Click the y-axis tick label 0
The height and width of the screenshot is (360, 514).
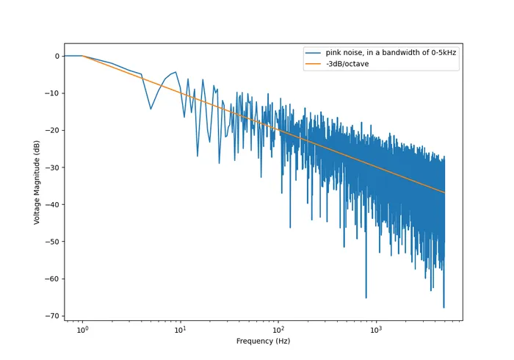tap(56, 56)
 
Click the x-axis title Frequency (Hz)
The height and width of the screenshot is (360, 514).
tap(263, 342)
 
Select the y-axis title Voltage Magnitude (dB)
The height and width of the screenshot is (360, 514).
tap(37, 181)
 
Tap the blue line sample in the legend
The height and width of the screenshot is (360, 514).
tap(313, 53)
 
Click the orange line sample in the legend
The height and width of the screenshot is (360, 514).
tap(313, 64)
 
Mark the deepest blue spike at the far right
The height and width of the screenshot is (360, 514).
tap(444, 307)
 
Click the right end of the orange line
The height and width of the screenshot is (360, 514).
tap(444, 192)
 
